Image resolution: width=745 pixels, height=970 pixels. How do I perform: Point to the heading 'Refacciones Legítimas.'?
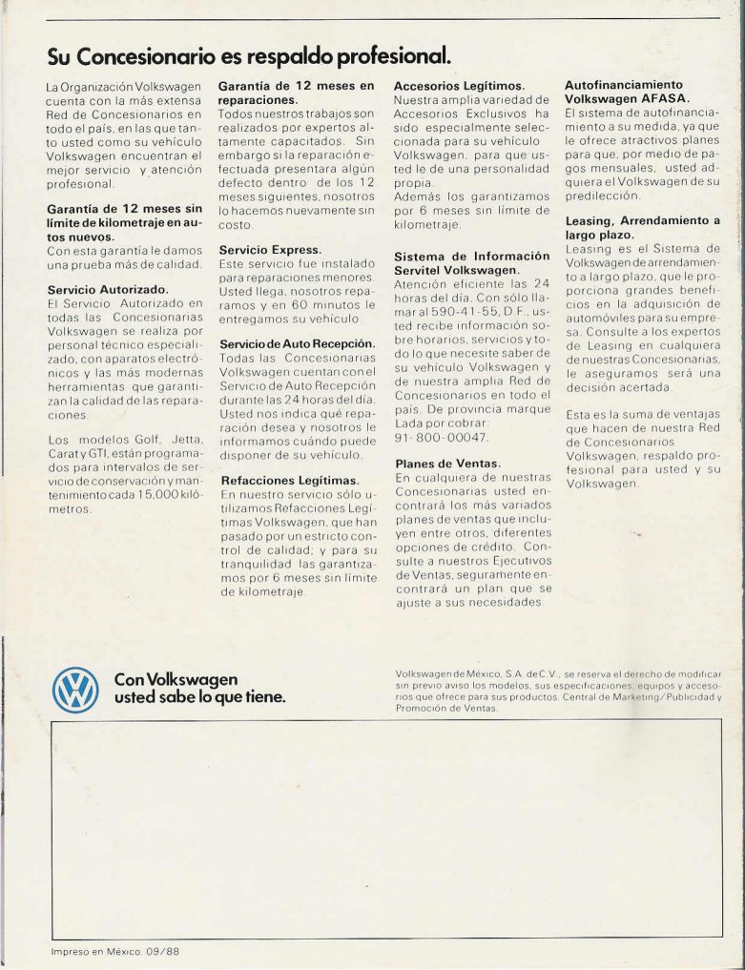289,480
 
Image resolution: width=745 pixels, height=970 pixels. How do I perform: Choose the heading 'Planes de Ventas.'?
447,464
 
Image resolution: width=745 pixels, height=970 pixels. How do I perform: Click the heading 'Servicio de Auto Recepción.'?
296,342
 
